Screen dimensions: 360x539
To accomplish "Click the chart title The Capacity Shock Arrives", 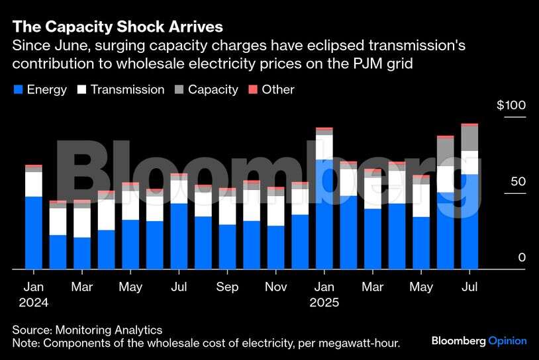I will tap(117, 27).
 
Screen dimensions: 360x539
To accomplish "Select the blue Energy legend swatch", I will tap(18, 89).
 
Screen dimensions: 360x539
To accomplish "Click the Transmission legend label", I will tap(127, 89).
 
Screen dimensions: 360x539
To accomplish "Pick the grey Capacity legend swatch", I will tap(179, 89).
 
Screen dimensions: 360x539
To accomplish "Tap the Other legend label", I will tap(278, 89).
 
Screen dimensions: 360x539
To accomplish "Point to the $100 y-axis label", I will tap(511, 106).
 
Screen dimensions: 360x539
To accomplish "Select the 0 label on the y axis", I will tap(522, 257).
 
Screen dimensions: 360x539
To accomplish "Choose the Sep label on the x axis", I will tap(227, 287).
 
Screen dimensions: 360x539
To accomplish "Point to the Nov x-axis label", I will tap(275, 287).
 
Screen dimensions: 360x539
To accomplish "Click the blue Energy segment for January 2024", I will tap(33, 233).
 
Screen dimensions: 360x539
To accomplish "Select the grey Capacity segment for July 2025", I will tap(469, 138).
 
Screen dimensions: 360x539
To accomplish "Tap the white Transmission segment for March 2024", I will tap(82, 222).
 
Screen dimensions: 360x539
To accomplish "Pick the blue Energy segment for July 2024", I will tap(179, 236).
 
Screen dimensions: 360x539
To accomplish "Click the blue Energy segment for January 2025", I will tap(324, 215).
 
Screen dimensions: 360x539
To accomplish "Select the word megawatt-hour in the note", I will tap(364, 342).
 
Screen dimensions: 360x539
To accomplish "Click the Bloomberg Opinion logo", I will tap(479, 341).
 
